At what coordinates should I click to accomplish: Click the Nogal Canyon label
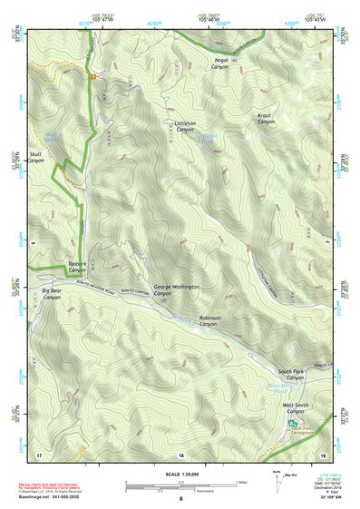(220, 63)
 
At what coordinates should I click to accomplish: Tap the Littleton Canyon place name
(185, 126)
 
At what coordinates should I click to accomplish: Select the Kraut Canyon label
(265, 118)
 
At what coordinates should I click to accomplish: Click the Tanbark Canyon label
(77, 267)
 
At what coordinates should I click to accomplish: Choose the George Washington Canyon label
(175, 290)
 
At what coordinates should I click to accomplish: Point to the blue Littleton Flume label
(209, 140)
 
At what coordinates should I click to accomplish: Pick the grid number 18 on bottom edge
(181, 454)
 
